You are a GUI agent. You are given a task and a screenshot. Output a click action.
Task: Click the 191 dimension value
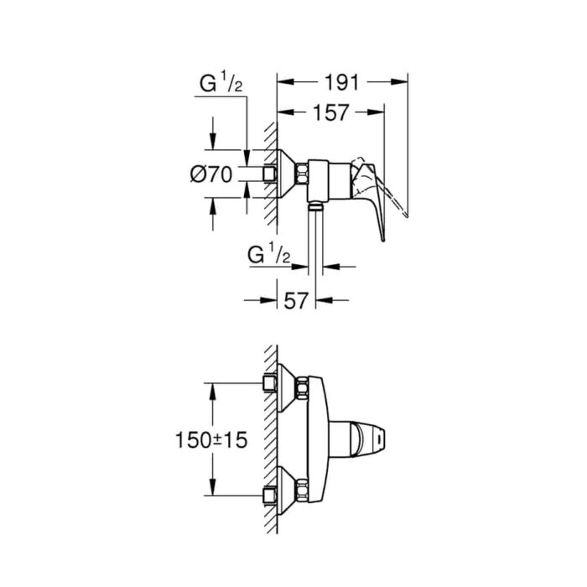tap(342, 82)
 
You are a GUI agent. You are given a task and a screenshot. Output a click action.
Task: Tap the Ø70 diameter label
tap(210, 174)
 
